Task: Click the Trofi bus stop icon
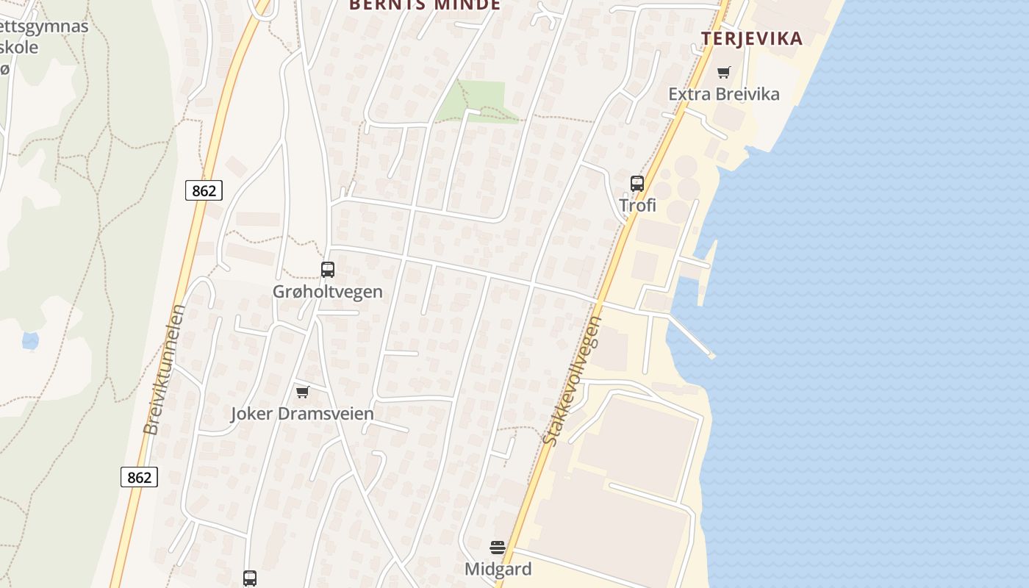tap(637, 184)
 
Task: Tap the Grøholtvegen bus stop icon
tap(328, 270)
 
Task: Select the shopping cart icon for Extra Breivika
tap(724, 72)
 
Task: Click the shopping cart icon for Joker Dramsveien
tap(303, 392)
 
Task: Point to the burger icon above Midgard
tap(498, 547)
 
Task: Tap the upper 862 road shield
tap(204, 191)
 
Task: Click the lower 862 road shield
tap(139, 477)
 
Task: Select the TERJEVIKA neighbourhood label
tap(752, 39)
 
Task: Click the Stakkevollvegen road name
tap(572, 381)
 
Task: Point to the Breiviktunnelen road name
tap(165, 370)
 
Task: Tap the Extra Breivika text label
tap(724, 94)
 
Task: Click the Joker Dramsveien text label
tap(303, 414)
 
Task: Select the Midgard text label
tap(498, 569)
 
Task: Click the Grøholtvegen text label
tap(328, 292)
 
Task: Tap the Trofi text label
tap(637, 206)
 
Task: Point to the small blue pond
tap(30, 340)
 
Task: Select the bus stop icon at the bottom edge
tap(250, 578)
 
